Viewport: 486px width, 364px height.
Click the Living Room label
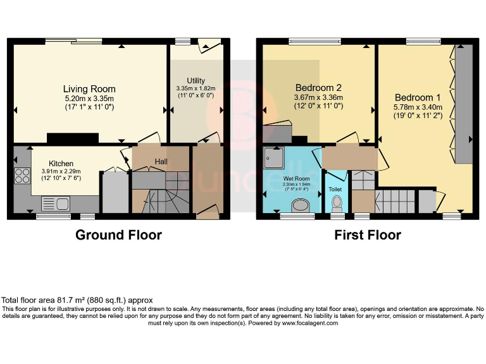pyautogui.click(x=89, y=89)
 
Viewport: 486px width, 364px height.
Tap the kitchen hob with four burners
pyautogui.click(x=21, y=175)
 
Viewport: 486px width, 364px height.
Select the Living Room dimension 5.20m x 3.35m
pyautogui.click(x=89, y=99)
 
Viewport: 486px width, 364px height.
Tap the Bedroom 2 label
pyautogui.click(x=319, y=88)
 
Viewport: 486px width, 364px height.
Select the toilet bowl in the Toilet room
pyautogui.click(x=337, y=203)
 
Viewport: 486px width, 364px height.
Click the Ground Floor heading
pyautogui.click(x=118, y=235)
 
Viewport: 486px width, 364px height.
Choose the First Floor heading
pyautogui.click(x=368, y=235)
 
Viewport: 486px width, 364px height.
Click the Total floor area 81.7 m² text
pyautogui.click(x=77, y=300)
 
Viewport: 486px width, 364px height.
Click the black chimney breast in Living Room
pyautogui.click(x=73, y=138)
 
